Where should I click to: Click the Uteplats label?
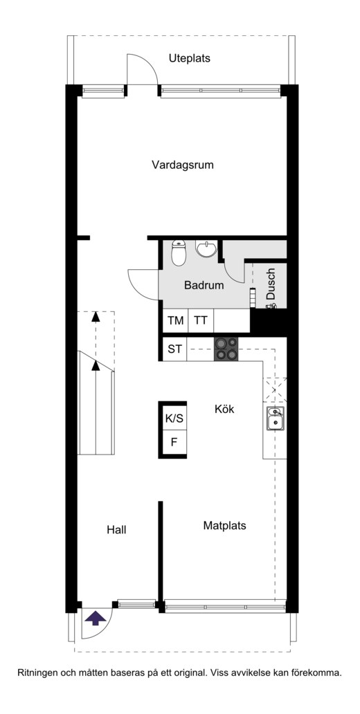click(189, 59)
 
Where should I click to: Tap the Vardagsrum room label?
click(183, 165)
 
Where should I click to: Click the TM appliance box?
click(175, 320)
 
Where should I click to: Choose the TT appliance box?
click(201, 320)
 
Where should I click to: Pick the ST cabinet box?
click(175, 349)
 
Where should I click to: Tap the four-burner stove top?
click(226, 349)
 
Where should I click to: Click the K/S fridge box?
click(174, 418)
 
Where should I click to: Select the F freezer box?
click(174, 441)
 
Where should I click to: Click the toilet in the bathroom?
click(179, 253)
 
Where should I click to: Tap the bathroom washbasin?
click(206, 248)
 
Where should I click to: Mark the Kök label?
click(225, 410)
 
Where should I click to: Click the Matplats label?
click(225, 526)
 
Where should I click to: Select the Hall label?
click(117, 530)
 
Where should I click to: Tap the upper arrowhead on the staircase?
click(96, 316)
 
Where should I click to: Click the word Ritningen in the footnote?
click(38, 672)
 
